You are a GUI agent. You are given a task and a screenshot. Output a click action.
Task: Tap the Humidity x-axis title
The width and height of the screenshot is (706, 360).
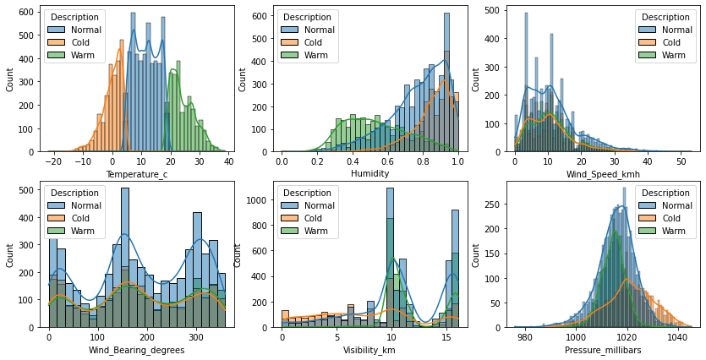click(370, 173)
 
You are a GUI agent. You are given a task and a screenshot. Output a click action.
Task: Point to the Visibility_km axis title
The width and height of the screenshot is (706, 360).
click(370, 349)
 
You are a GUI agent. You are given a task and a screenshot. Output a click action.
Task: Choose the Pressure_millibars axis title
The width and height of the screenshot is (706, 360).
click(605, 349)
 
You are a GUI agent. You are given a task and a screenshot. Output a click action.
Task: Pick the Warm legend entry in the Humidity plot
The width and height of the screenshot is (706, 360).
click(312, 56)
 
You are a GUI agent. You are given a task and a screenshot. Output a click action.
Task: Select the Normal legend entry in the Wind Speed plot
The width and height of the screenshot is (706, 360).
click(673, 28)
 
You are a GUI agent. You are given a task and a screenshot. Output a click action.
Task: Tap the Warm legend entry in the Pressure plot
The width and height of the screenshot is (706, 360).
click(673, 232)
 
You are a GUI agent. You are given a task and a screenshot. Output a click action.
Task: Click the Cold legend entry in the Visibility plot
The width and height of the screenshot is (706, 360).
click(312, 217)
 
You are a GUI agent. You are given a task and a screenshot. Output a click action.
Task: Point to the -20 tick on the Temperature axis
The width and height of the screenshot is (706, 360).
click(55, 161)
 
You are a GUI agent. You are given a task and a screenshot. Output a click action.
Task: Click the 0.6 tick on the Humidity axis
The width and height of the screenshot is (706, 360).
click(388, 161)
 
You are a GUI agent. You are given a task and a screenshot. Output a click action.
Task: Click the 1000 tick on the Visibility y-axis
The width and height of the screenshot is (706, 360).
click(264, 203)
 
